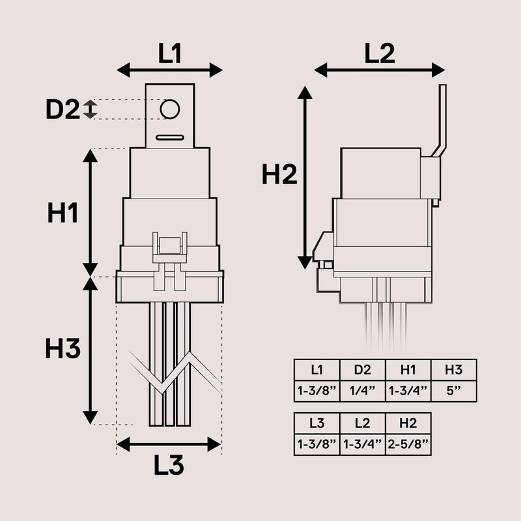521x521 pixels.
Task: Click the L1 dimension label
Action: click(x=170, y=53)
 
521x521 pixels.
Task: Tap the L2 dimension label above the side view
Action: click(x=380, y=53)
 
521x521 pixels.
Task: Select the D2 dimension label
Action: click(x=62, y=109)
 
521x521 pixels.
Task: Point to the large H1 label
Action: click(x=63, y=214)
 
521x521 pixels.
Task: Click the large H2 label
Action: click(x=279, y=175)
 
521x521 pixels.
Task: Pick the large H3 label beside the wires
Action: click(x=63, y=349)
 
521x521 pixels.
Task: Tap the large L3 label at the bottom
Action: click(x=169, y=465)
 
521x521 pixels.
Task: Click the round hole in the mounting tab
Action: click(x=169, y=109)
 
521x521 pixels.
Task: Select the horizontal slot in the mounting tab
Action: click(x=169, y=137)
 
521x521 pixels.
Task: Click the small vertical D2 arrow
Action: click(x=91, y=109)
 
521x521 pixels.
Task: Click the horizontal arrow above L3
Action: click(x=169, y=444)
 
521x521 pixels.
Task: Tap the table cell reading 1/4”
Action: click(x=362, y=391)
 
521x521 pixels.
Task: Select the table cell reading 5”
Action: click(x=453, y=391)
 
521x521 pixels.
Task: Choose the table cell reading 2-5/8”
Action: click(x=408, y=444)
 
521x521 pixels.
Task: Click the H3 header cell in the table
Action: click(x=453, y=370)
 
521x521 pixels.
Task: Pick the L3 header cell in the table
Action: click(x=317, y=423)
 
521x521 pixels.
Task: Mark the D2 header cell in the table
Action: click(x=362, y=370)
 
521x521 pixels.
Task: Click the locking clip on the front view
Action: click(x=169, y=251)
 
